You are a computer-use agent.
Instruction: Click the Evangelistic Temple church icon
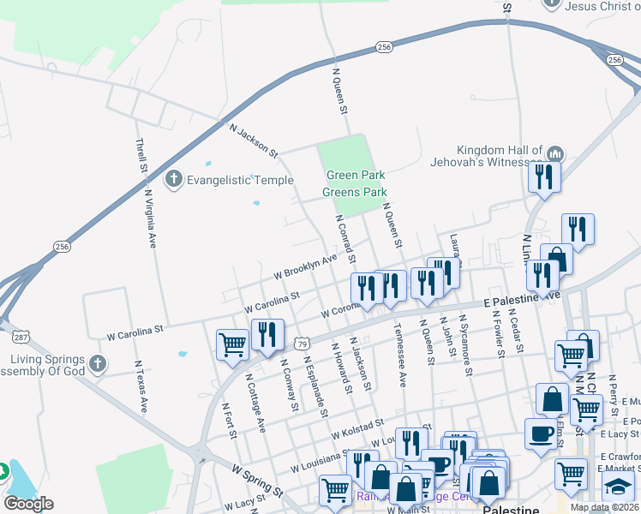(173, 180)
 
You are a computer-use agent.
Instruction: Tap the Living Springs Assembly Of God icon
(99, 365)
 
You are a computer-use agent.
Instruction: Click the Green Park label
(355, 176)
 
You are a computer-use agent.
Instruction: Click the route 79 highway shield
(302, 344)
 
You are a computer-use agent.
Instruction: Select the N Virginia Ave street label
(152, 218)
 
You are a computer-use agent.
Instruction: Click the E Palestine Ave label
(520, 300)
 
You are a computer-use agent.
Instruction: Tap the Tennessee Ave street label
(399, 355)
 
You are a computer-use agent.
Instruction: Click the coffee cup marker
(540, 433)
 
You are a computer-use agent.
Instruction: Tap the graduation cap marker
(617, 487)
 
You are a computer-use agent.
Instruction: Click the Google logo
(28, 503)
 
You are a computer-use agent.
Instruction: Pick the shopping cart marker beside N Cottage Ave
(232, 345)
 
